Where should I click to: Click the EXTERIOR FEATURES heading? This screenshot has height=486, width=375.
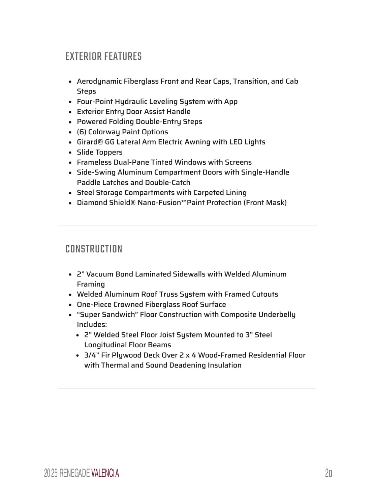coord(103,56)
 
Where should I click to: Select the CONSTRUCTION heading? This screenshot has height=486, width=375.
coord(94,249)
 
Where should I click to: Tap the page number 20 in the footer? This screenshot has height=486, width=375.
coord(329,473)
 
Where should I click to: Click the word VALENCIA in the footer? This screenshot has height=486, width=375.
coord(105,473)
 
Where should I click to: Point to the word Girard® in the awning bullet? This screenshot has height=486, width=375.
coord(90,142)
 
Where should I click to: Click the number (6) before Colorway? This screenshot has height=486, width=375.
coord(82,132)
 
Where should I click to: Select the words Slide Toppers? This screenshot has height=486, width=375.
coord(99,152)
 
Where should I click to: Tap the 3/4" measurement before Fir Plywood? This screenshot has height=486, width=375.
coord(92,355)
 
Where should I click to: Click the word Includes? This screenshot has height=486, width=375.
coord(92,325)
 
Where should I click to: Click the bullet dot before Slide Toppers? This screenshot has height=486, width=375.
coord(70,153)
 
